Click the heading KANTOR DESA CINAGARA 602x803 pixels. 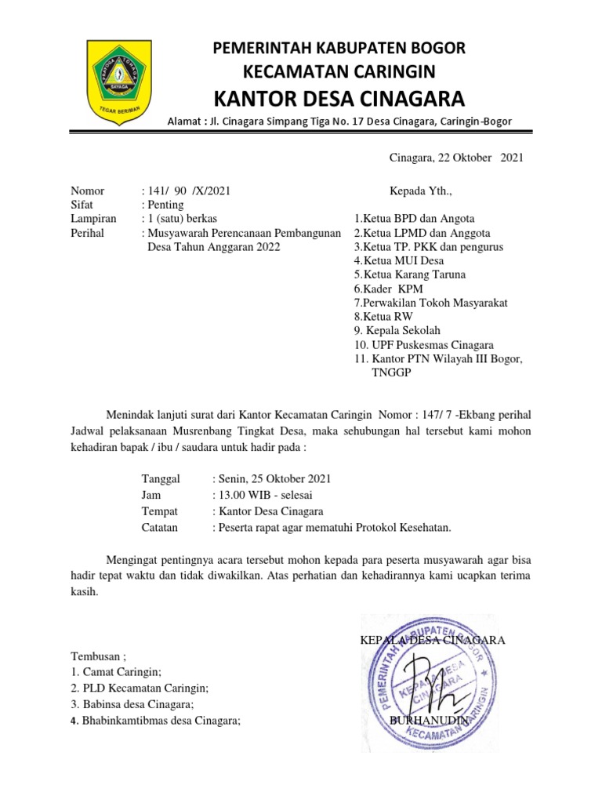click(339, 99)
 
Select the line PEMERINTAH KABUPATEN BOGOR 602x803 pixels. click(339, 49)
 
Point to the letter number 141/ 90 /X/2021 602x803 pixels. click(186, 191)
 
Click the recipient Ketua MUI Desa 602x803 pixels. click(398, 260)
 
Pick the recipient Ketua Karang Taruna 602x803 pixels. click(409, 274)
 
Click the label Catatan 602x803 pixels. click(159, 528)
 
